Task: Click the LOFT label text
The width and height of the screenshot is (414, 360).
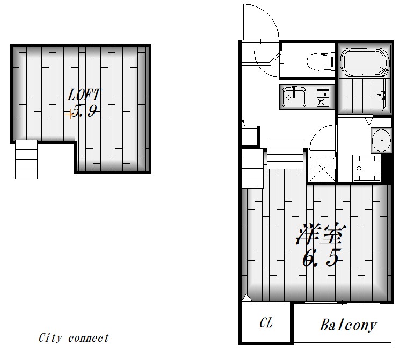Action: click(84, 95)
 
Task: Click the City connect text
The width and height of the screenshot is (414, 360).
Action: click(74, 338)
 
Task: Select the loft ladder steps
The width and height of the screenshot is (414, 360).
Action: click(26, 160)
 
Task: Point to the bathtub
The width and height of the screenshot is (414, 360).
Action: click(365, 62)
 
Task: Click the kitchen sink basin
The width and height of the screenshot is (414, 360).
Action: click(294, 97)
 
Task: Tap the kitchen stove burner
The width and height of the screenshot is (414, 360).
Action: click(323, 98)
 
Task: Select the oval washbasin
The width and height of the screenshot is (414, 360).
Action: click(381, 140)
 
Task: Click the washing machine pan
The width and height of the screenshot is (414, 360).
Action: click(366, 168)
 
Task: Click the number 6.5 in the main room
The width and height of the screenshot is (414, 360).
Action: click(320, 257)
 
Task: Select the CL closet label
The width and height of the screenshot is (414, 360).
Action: click(266, 322)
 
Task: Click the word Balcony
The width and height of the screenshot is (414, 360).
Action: click(348, 325)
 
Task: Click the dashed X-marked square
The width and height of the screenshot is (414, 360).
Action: click(322, 169)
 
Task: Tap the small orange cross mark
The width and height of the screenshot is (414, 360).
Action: click(70, 114)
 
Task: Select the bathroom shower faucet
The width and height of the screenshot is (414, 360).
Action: click(382, 94)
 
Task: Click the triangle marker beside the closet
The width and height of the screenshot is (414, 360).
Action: click(247, 298)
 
